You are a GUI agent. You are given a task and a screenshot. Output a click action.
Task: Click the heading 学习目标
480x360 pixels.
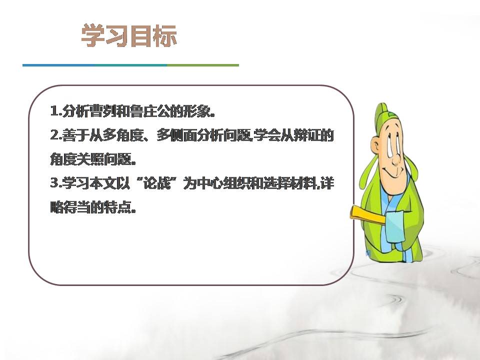[129, 37]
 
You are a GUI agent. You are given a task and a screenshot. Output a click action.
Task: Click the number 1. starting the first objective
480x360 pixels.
[55, 111]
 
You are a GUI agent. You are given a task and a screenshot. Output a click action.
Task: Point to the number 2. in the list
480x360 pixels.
[55, 135]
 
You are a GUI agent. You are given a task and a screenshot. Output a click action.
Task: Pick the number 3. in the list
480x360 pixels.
[55, 183]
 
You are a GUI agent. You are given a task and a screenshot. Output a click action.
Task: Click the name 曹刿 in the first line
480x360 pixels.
[98, 111]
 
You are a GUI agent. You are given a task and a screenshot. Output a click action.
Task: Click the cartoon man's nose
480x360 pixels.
[394, 160]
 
